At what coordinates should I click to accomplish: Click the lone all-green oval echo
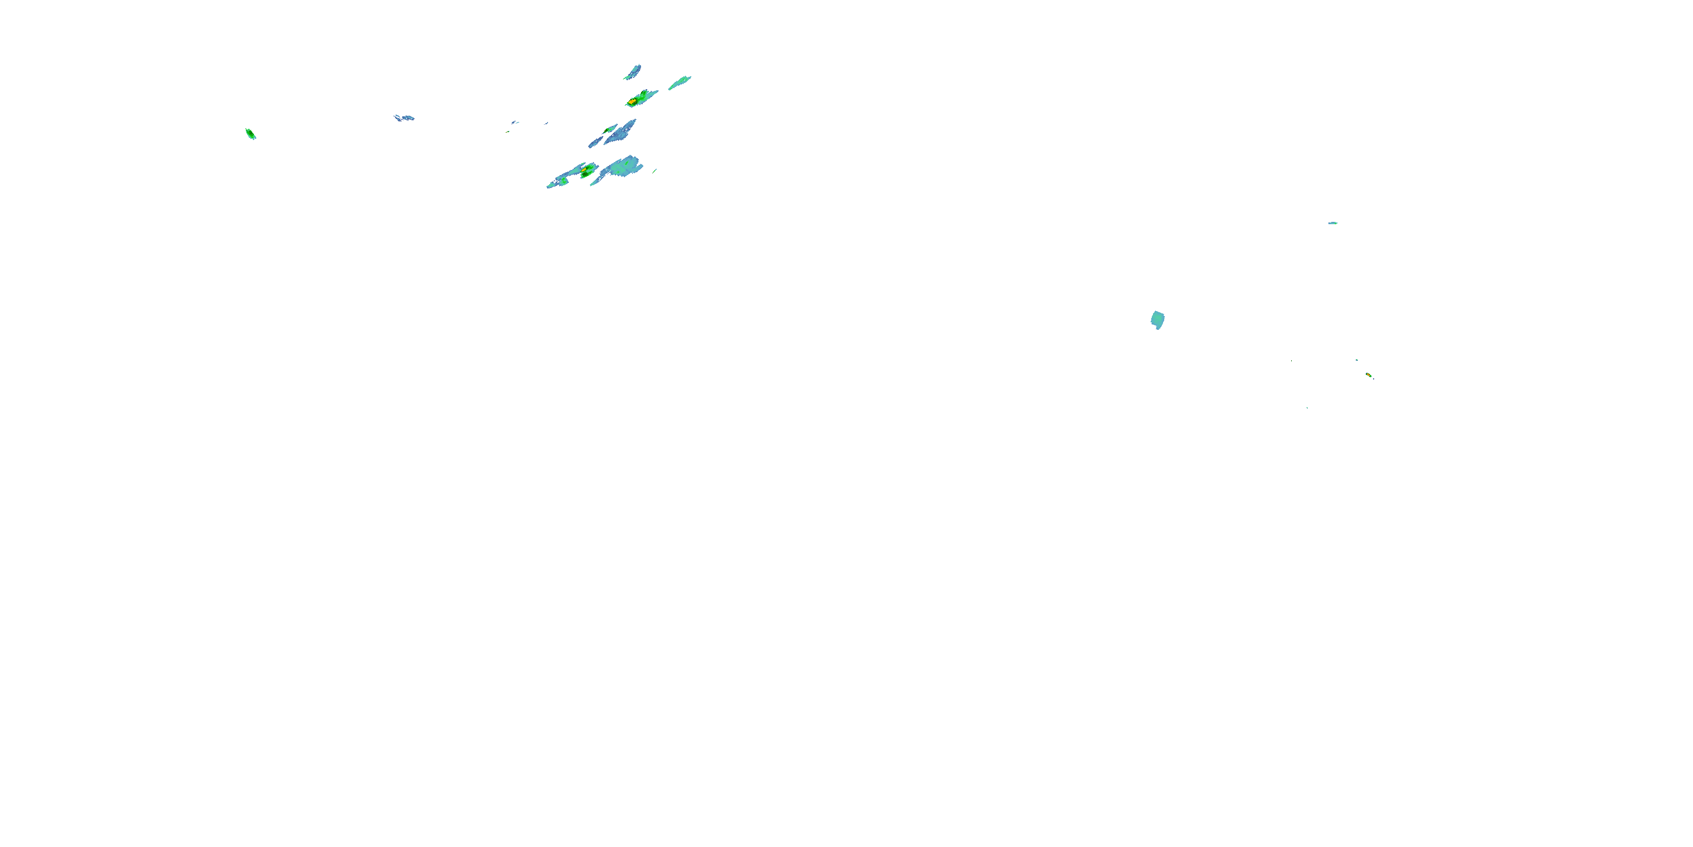[251, 134]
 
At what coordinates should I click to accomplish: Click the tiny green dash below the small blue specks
[508, 132]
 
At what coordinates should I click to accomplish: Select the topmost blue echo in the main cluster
[633, 72]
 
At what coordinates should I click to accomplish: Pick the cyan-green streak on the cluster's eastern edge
[679, 83]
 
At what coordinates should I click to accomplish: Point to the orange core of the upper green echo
[632, 101]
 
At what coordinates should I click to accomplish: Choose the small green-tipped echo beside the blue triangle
[610, 129]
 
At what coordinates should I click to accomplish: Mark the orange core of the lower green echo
[584, 169]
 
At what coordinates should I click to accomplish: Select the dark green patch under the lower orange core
[585, 175]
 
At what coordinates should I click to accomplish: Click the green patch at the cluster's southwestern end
[563, 180]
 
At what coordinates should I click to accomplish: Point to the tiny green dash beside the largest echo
[655, 171]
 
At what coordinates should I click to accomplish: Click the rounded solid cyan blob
[1157, 320]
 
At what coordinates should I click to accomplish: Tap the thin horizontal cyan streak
[1333, 223]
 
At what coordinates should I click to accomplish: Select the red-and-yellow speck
[1369, 375]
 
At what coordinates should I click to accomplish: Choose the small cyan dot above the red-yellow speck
[1357, 360]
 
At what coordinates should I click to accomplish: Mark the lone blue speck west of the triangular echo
[546, 123]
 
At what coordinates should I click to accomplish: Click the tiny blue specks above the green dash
[515, 123]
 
